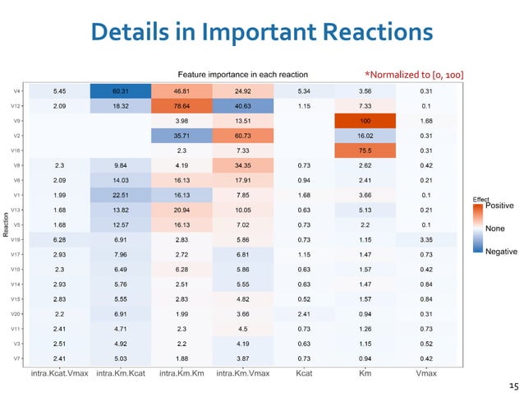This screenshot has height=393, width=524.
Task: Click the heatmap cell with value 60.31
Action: pos(120,90)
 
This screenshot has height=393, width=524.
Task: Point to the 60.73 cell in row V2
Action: pos(242,136)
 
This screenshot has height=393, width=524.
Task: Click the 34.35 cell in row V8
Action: pos(242,165)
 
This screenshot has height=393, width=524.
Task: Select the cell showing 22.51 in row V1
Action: pos(120,195)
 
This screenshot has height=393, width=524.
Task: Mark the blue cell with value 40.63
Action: pos(242,106)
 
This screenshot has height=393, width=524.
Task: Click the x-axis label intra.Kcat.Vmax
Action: pos(59,376)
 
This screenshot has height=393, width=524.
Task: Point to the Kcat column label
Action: pos(304,376)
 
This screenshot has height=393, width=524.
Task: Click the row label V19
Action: pos(17,239)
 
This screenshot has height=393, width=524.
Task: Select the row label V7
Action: pos(18,358)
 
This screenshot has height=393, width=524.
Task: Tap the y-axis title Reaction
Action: pos(6,224)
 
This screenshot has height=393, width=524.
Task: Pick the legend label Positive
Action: pos(499,205)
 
